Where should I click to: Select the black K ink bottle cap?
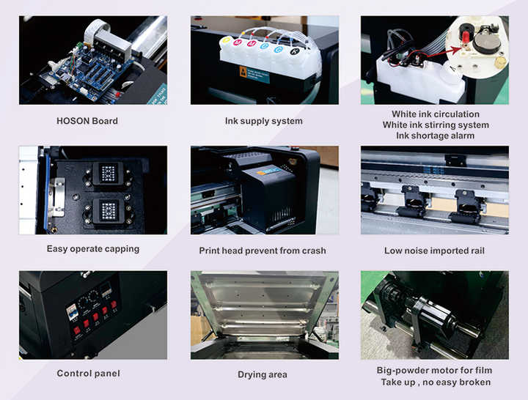pyautogui.click(x=294, y=53)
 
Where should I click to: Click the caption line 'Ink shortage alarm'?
pyautogui.click(x=435, y=136)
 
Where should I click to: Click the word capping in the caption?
pyautogui.click(x=119, y=249)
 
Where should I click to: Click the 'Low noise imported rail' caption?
pyautogui.click(x=434, y=251)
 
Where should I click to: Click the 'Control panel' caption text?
pyautogui.click(x=88, y=374)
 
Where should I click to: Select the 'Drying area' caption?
pyautogui.click(x=262, y=374)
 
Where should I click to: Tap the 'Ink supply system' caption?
pyautogui.click(x=263, y=121)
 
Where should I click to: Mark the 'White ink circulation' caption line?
pyautogui.click(x=435, y=114)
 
